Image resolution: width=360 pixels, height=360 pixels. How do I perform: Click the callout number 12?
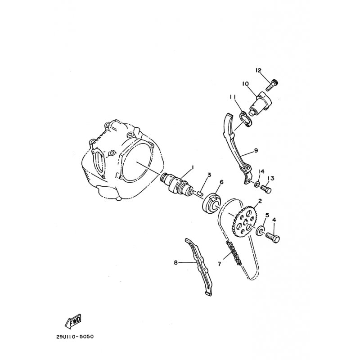258,70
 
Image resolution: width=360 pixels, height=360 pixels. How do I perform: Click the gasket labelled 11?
245,119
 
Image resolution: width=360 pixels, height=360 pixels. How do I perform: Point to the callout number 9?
256,151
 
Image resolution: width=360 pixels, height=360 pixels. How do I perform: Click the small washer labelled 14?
257,184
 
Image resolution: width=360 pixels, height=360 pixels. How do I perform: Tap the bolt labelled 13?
266,189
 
